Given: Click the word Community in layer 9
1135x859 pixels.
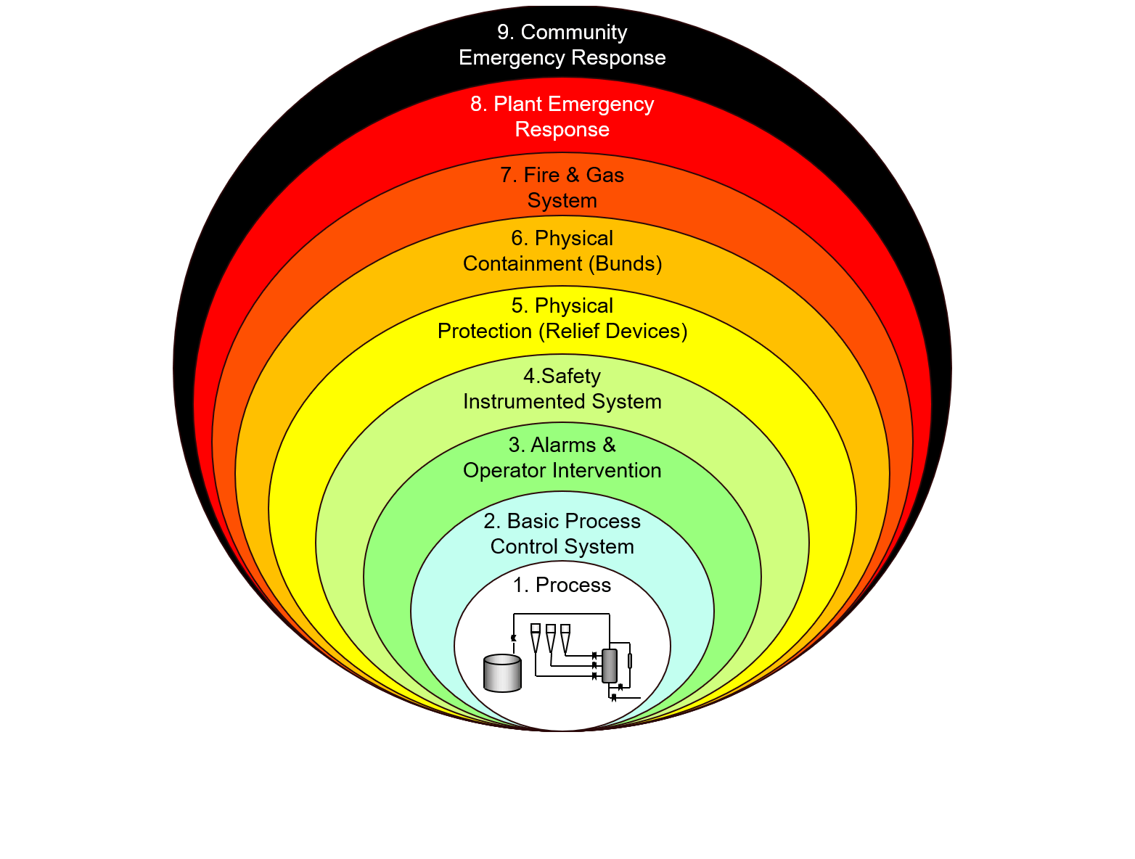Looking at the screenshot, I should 574,33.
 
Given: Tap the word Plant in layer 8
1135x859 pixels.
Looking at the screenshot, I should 514,104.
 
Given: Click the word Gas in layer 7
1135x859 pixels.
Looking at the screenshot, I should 605,176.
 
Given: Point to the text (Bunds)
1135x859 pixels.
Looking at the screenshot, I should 626,263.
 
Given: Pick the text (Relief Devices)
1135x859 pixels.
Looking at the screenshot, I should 612,332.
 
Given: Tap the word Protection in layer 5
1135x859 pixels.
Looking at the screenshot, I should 484,332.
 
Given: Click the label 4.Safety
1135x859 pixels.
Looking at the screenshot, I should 562,377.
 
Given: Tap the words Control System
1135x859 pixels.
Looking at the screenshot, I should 562,547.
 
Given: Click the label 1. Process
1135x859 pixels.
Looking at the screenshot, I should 562,585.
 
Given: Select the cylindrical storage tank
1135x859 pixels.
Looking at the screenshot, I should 502,673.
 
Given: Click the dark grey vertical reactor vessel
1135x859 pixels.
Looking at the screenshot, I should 609,666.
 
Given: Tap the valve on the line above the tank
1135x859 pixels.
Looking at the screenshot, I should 514,638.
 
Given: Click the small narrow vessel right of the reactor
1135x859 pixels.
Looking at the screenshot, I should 630,661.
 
